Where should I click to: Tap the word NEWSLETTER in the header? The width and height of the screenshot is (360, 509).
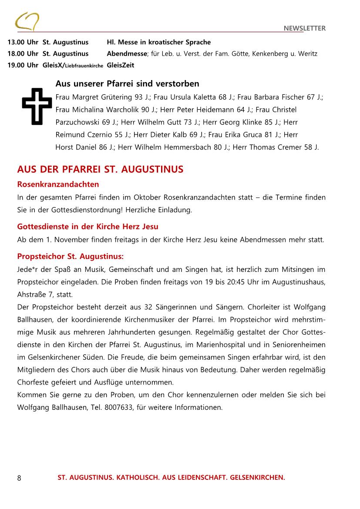pyautogui.click(x=304, y=28)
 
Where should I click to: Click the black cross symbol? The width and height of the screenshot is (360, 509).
pyautogui.click(x=37, y=107)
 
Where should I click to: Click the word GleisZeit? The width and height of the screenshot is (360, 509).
pyautogui.click(x=121, y=65)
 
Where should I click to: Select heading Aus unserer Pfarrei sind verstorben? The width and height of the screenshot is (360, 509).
pyautogui.click(x=127, y=84)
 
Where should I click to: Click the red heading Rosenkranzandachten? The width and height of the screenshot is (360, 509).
pyautogui.click(x=58, y=184)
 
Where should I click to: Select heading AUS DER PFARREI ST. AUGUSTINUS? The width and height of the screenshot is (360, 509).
pyautogui.click(x=100, y=169)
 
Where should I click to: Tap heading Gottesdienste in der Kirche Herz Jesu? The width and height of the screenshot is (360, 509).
pyautogui.click(x=87, y=227)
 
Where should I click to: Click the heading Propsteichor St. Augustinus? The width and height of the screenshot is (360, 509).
pyautogui.click(x=71, y=256)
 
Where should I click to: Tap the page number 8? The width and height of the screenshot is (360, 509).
pyautogui.click(x=19, y=478)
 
